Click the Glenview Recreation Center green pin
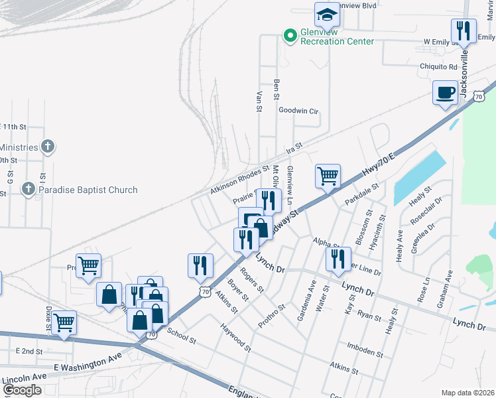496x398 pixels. (x=290, y=36)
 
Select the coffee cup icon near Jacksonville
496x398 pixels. (x=445, y=92)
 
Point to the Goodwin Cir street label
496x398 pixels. (x=298, y=111)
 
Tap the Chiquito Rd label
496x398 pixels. (x=438, y=67)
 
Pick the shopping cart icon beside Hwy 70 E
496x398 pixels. (x=328, y=176)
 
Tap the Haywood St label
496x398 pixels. (x=236, y=338)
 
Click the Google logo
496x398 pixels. (x=22, y=390)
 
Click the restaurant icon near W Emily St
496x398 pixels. (x=464, y=31)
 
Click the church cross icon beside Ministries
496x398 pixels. (x=47, y=147)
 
